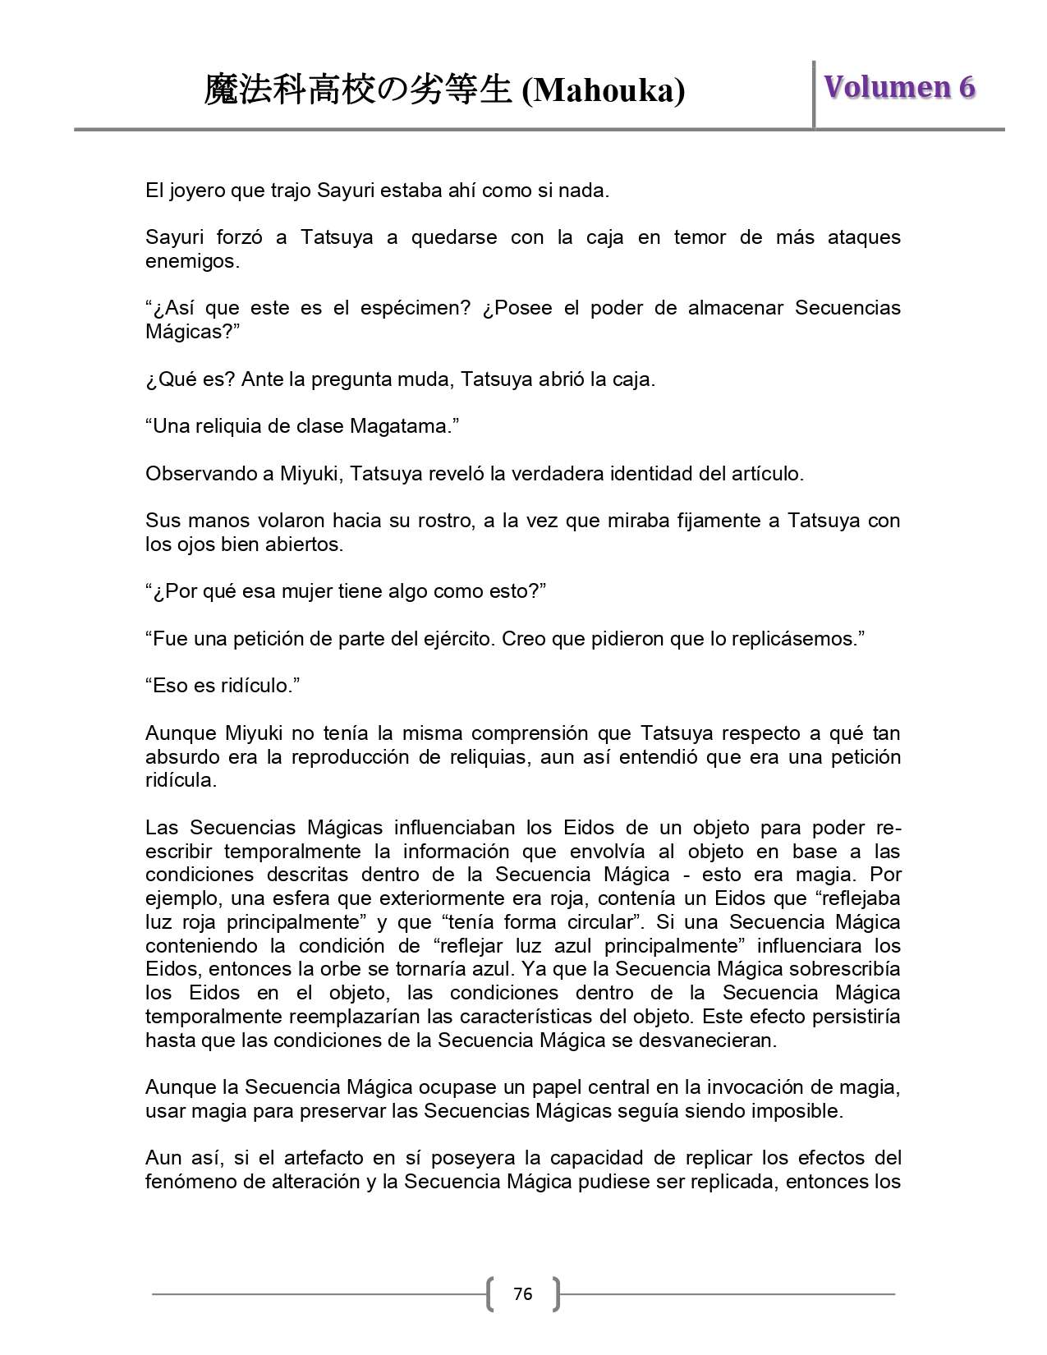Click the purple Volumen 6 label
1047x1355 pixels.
tap(900, 87)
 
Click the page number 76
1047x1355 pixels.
tap(522, 1294)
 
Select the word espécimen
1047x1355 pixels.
tap(406, 309)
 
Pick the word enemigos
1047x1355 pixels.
tap(191, 262)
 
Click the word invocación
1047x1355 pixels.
tap(763, 1087)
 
